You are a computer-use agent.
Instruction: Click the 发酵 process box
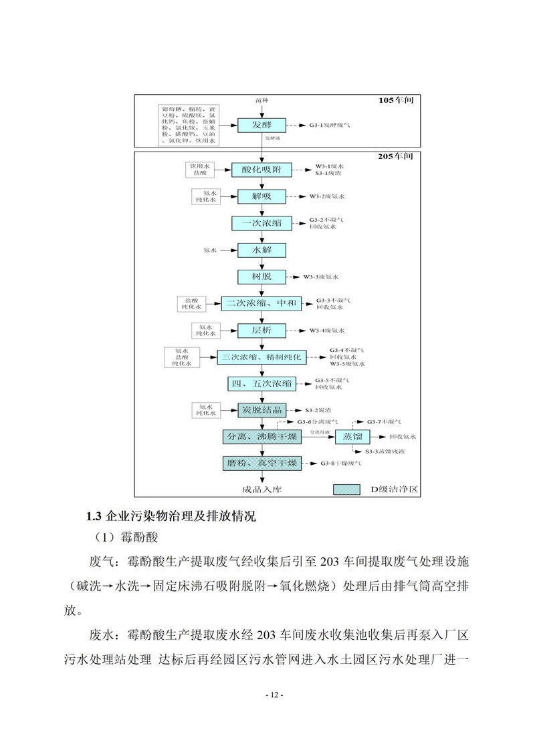click(261, 125)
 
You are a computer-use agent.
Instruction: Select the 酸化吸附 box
click(261, 170)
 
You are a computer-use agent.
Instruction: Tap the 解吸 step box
click(261, 196)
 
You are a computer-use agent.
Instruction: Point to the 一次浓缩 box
click(261, 223)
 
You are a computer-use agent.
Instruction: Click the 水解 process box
click(261, 250)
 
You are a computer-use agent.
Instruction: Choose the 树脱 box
click(261, 276)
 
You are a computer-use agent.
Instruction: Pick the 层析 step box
click(261, 330)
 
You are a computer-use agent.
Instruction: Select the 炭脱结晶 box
click(261, 409)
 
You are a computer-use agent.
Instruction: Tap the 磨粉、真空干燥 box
click(261, 463)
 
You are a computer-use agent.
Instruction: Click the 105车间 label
click(396, 101)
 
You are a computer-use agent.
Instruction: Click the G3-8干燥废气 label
click(341, 463)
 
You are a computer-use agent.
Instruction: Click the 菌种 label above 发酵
click(261, 100)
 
